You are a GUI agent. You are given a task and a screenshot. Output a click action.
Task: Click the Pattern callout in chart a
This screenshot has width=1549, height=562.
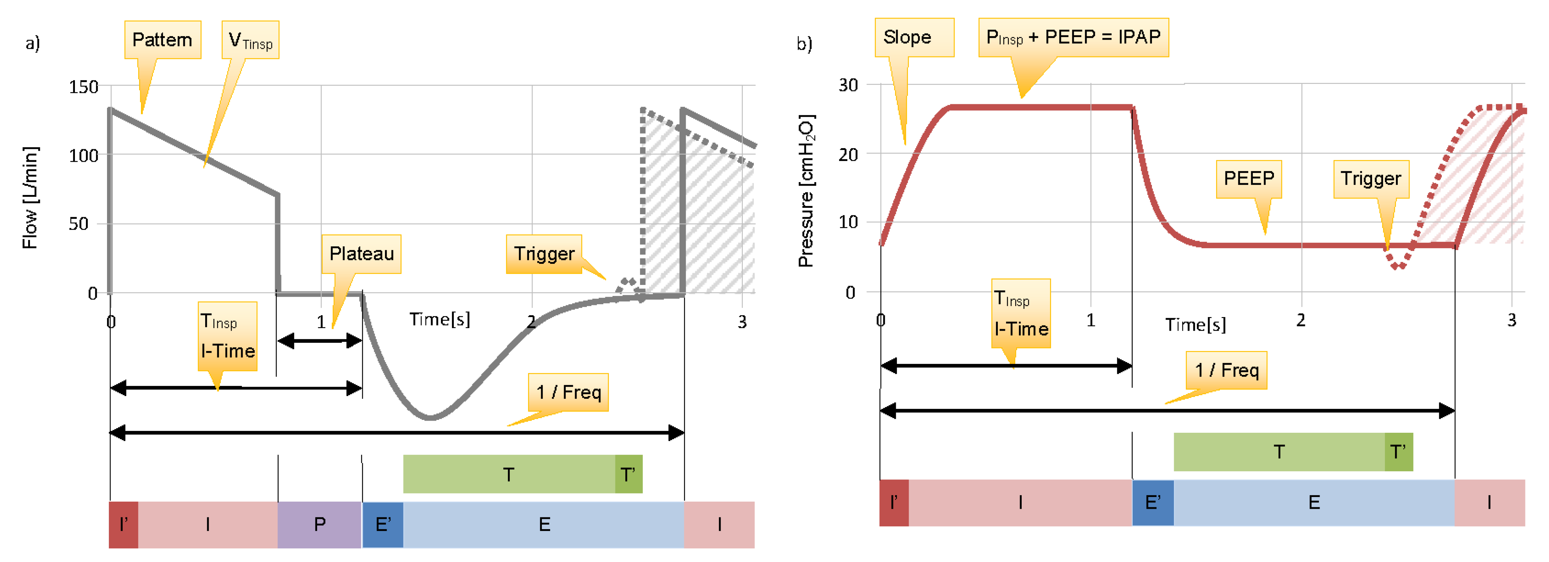pos(162,40)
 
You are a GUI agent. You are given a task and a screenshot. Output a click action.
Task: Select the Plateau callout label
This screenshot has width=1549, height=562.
pos(361,253)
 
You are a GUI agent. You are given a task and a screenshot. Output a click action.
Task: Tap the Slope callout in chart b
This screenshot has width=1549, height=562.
pos(908,37)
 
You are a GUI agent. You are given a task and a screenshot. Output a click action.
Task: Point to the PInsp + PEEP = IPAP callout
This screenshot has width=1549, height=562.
pos(1073,37)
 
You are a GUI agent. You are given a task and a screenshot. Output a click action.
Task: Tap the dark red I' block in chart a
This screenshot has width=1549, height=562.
pos(123,524)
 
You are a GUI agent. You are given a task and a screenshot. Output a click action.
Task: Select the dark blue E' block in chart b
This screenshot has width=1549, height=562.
pos(1152,502)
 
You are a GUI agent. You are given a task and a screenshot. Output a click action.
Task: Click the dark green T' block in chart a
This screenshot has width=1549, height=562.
pos(628,474)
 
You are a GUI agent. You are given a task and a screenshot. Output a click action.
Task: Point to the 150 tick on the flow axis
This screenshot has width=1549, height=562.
pos(83,87)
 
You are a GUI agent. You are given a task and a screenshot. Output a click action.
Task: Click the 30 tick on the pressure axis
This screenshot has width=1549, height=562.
pos(848,85)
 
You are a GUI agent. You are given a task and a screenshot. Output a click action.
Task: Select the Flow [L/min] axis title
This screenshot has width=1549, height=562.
pos(30,197)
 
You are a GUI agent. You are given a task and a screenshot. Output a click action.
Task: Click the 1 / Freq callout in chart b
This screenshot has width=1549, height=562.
pos(1227,370)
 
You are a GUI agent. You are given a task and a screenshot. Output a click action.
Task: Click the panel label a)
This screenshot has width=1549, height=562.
pos(32,43)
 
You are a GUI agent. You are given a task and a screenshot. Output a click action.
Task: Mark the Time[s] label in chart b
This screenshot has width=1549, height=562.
pos(1195,325)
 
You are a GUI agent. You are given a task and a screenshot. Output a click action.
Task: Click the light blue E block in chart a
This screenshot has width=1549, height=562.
pos(544,524)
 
